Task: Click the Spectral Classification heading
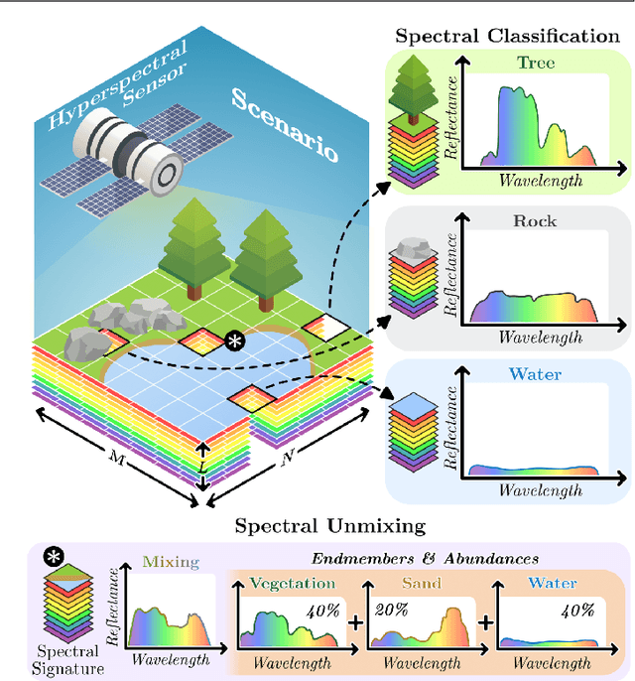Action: click(x=507, y=36)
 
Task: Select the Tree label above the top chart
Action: click(x=536, y=63)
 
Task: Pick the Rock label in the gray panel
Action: click(x=535, y=220)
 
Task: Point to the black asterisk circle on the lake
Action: click(x=236, y=341)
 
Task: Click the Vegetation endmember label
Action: click(x=293, y=584)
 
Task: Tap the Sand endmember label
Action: click(x=422, y=584)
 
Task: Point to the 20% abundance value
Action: click(x=389, y=609)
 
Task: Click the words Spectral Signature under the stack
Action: click(x=71, y=660)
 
